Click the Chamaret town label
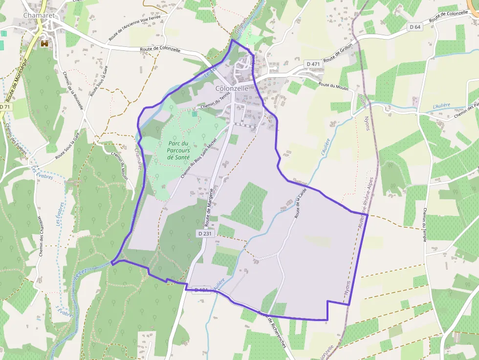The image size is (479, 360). (38, 16)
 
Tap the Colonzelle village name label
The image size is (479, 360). (232, 88)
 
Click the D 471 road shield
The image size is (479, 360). (312, 64)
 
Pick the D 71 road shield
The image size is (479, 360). (5, 106)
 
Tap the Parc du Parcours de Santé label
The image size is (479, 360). (177, 150)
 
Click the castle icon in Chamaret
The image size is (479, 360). (45, 43)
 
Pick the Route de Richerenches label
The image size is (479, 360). (273, 328)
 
